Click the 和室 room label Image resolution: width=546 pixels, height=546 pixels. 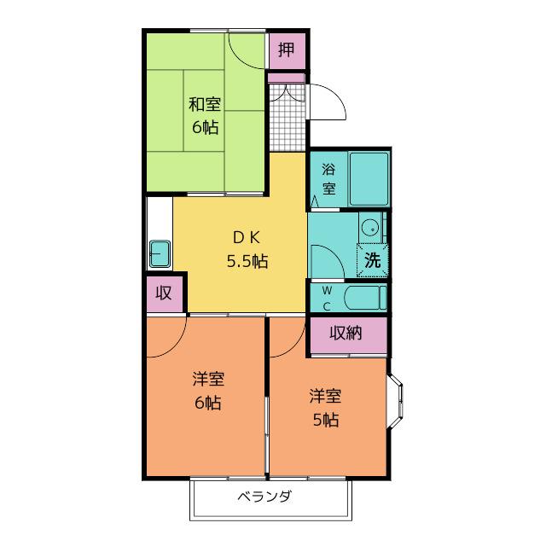[205, 104]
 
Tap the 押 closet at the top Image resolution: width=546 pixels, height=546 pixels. [288, 51]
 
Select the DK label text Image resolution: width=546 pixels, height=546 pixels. [247, 237]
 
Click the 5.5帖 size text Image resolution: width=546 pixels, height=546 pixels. [247, 261]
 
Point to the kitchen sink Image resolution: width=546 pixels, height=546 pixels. [160, 254]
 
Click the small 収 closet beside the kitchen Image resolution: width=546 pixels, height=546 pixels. [165, 294]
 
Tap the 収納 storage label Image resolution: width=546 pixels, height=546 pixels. [346, 334]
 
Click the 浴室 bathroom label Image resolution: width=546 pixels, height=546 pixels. [328, 179]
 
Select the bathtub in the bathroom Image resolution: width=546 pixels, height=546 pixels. [369, 178]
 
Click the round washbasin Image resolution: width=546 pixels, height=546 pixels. [369, 229]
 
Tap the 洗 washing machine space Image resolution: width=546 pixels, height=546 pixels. [372, 260]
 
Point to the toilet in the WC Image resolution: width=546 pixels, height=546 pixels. [365, 298]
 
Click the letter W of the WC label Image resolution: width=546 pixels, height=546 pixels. [327, 290]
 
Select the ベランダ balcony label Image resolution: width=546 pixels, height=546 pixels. [265, 497]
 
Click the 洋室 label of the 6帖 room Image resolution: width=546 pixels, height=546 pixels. [208, 379]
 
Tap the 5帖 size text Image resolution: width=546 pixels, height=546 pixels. [326, 420]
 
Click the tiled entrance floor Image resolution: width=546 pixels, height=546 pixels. [288, 117]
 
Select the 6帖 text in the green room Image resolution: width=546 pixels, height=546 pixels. [206, 127]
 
